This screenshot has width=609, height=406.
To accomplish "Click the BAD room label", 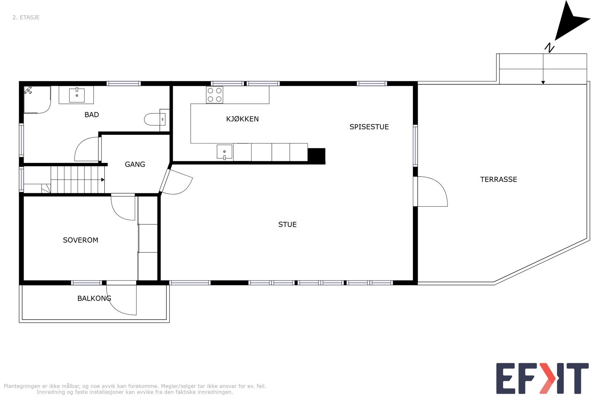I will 91,115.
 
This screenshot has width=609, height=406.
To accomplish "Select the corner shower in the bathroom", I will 36,99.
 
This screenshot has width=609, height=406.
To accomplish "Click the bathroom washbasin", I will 77,95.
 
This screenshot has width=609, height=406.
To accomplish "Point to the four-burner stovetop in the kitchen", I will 214,95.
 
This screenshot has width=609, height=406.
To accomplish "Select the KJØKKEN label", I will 242,119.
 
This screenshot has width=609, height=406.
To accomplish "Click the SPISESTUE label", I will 369,127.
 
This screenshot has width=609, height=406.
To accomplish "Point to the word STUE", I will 287,224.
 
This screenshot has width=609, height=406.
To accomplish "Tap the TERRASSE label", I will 498,180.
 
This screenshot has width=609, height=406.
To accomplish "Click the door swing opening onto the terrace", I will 432,192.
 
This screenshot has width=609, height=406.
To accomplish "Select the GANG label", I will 135,164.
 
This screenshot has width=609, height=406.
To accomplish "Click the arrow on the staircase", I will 102,180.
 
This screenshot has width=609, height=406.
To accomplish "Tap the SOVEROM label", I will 80,240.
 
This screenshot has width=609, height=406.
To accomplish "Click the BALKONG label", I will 94,298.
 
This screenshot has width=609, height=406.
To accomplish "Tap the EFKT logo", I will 542,378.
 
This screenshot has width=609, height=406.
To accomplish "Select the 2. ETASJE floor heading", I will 26,18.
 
